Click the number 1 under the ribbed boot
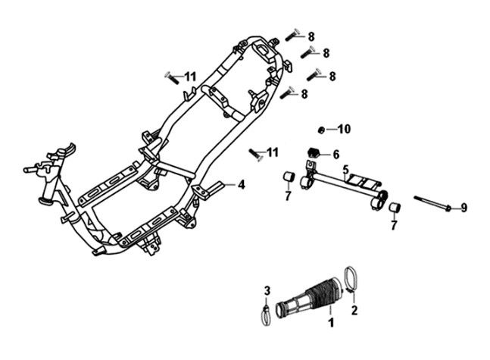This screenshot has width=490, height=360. (330, 324)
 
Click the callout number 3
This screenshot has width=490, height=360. (267, 290)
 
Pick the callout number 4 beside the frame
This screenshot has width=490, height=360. (242, 184)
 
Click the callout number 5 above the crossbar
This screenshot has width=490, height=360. (345, 169)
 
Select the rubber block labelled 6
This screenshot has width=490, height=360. (311, 153)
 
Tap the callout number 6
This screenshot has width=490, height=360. (336, 155)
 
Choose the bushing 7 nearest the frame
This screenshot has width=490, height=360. (289, 178)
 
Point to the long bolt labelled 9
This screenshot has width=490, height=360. (432, 203)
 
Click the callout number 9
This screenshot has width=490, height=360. (463, 207)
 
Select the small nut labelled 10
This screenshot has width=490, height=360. (321, 129)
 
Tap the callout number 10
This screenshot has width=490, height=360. (345, 130)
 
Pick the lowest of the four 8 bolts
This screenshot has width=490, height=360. (286, 95)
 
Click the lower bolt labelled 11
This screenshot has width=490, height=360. (255, 154)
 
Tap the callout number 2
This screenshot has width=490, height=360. (353, 310)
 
